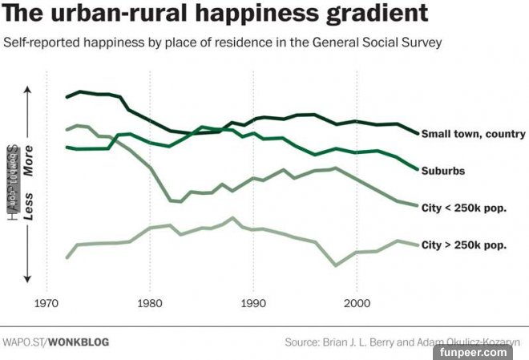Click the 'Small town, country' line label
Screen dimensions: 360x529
pos(473,134)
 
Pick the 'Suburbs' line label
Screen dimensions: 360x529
pos(443,171)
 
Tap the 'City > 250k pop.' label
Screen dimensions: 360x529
pos(463,245)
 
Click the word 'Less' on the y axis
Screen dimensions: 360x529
pos(28,207)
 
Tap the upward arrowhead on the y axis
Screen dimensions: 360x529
pos(28,90)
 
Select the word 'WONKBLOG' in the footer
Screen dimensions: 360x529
pos(79,342)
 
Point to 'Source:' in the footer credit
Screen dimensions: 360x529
pos(302,342)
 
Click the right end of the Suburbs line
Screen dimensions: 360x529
pos(418,169)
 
